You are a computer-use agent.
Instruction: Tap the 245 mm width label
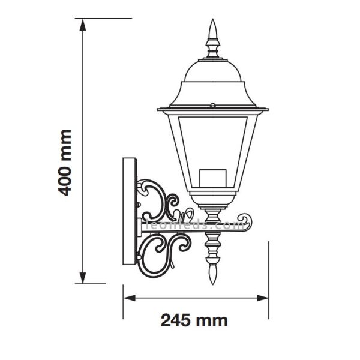pyautogui.click(x=194, y=320)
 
